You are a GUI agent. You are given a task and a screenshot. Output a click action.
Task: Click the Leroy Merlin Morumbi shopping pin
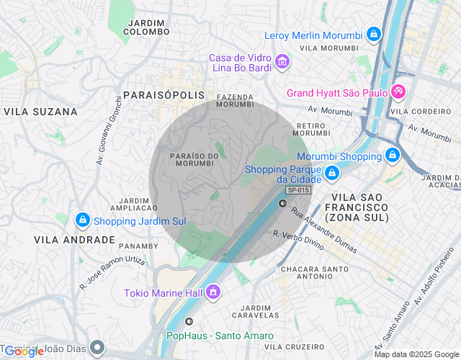(x=373, y=34)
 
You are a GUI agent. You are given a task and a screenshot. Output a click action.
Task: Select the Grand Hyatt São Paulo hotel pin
(x=398, y=92)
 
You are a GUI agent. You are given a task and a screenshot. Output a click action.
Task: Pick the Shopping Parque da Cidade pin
(x=331, y=173)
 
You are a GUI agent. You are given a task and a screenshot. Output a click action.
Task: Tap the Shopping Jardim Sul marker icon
(x=82, y=220)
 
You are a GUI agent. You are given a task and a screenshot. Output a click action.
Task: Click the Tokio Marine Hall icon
(x=212, y=292)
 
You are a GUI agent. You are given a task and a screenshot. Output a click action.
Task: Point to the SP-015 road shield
(x=297, y=190)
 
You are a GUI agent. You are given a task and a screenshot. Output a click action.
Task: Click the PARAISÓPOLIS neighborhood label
(x=164, y=95)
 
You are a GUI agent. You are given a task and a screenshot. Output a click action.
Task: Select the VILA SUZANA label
(x=40, y=112)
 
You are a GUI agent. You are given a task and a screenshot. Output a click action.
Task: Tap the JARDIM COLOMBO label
(x=148, y=27)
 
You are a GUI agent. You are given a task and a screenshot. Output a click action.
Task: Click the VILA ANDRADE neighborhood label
(x=74, y=239)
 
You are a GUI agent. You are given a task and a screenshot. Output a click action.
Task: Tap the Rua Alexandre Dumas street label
(x=323, y=230)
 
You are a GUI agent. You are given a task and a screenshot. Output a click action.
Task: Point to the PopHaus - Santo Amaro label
(x=220, y=336)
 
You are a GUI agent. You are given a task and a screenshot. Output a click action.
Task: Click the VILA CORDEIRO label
(x=420, y=112)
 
